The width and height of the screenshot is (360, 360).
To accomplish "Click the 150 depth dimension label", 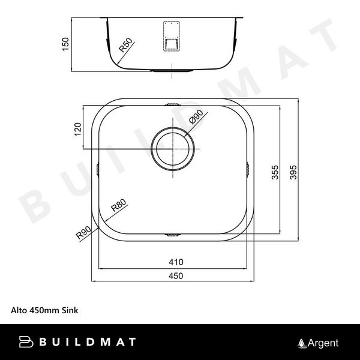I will [67, 44].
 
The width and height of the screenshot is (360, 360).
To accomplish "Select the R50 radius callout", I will [126, 46].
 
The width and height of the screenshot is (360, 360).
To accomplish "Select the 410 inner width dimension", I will [176, 262].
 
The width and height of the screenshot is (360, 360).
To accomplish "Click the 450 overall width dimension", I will [176, 275].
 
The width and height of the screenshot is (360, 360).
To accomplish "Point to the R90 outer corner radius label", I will [83, 231].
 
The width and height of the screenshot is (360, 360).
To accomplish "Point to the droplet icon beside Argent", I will [302, 343].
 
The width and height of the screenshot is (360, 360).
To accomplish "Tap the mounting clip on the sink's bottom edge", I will [172, 234].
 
